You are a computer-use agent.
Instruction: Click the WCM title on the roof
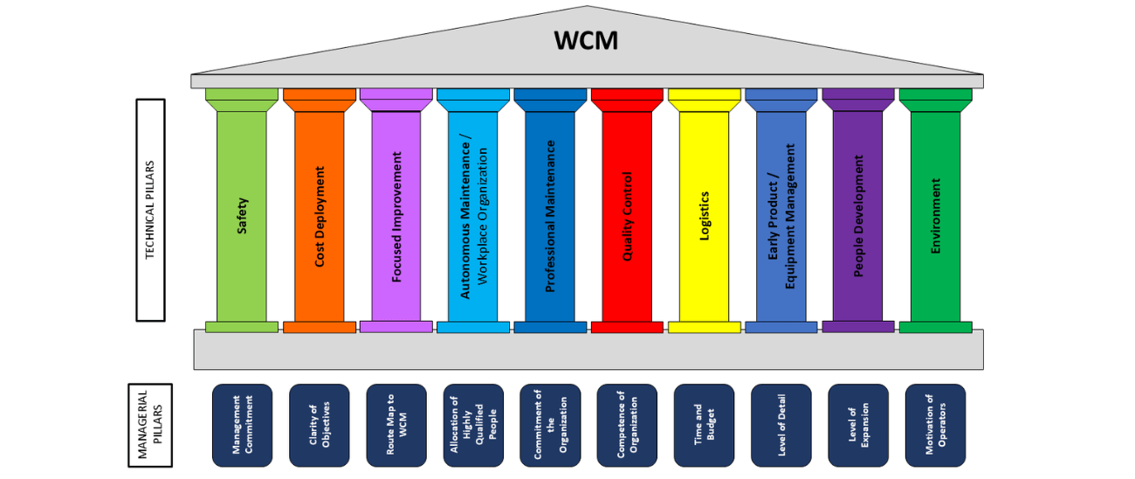coord(586,40)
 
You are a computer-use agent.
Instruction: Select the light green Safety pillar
coord(242,214)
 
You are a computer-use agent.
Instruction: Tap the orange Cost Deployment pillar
coord(319,214)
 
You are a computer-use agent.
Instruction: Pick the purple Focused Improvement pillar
coord(396,214)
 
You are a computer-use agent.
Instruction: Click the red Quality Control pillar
coord(627,214)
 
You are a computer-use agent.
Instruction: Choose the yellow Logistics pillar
coord(704,214)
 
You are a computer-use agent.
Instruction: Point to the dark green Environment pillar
coord(935,214)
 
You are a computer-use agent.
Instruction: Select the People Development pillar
coord(858,214)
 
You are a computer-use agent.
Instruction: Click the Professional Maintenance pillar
coord(550,214)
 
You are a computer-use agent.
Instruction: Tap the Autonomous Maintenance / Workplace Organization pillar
coord(473,214)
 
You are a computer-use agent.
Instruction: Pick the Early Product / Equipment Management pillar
coord(781,214)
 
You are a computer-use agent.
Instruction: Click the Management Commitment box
coord(243,425)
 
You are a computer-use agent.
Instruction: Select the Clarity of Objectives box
coord(320,425)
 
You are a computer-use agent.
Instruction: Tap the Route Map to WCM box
coord(396,425)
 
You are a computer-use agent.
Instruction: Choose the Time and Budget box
coord(705,425)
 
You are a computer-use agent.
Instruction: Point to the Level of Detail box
coord(781,425)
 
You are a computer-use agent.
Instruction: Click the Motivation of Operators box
coord(935,425)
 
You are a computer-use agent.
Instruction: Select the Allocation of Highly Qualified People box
coord(473,425)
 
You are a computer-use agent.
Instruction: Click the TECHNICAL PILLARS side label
coord(150,210)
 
